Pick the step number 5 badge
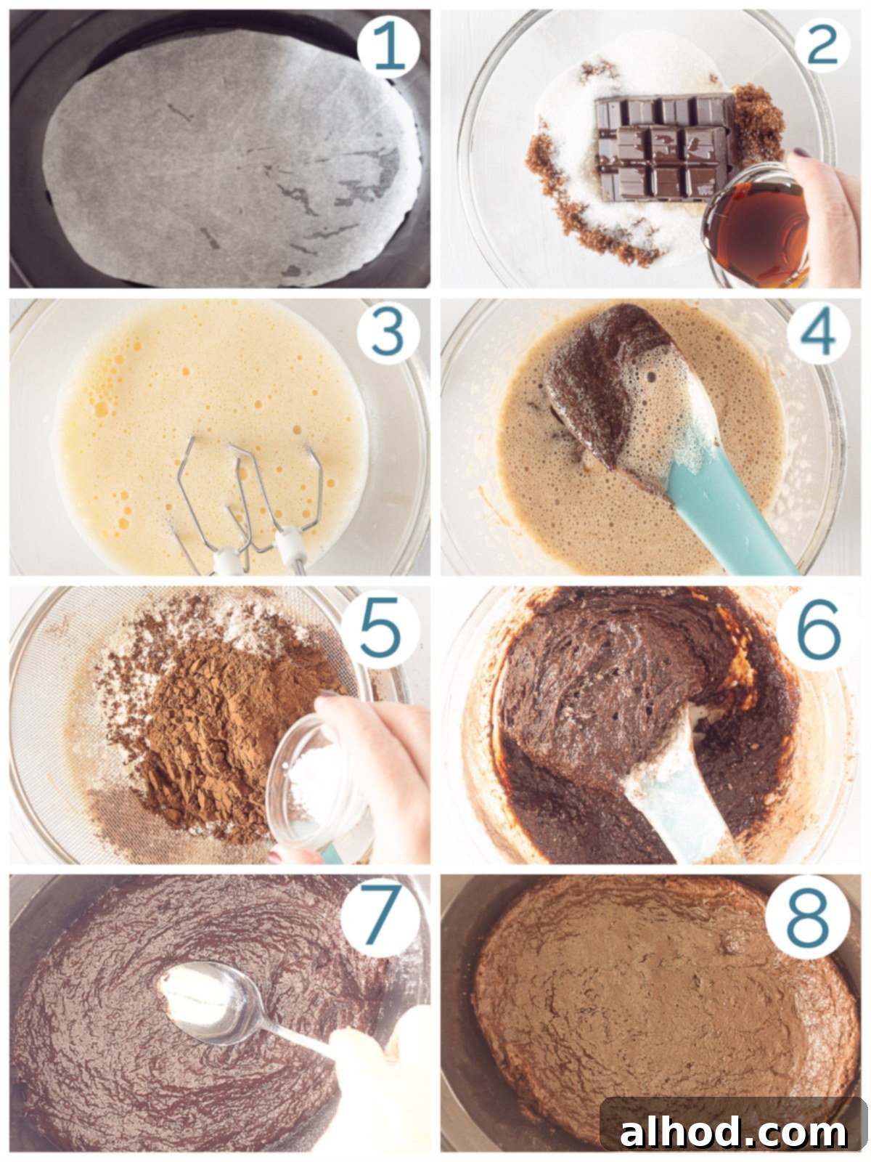point(379,630)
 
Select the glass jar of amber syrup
point(756,227)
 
